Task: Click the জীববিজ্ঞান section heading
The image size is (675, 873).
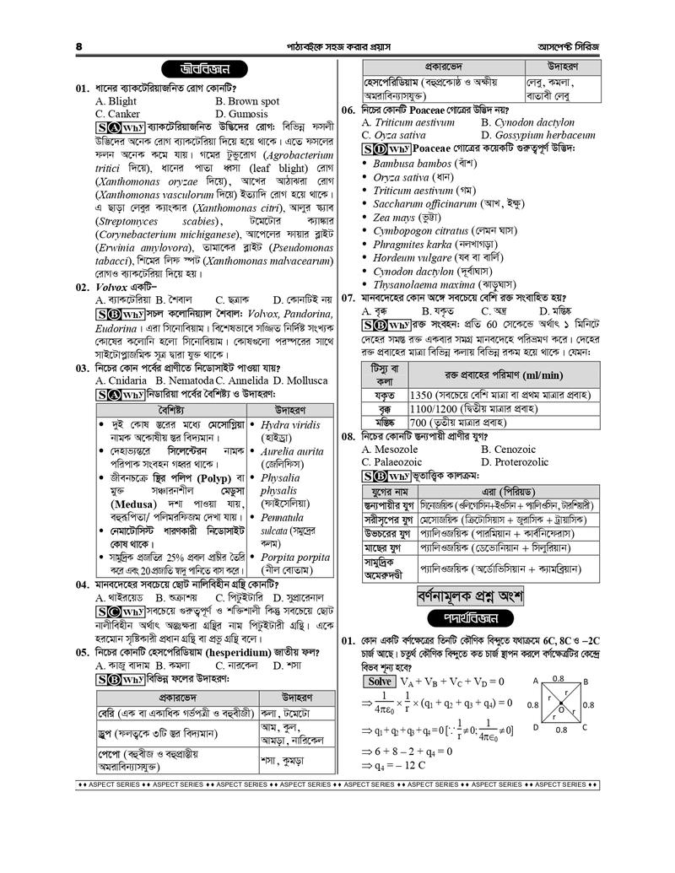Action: [x=200, y=69]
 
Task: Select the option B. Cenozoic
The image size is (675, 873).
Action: [x=515, y=450]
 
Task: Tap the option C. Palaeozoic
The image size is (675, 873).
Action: [x=403, y=462]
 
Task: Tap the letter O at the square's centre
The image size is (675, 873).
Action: [x=560, y=709]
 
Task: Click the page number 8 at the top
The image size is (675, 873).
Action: [x=78, y=45]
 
